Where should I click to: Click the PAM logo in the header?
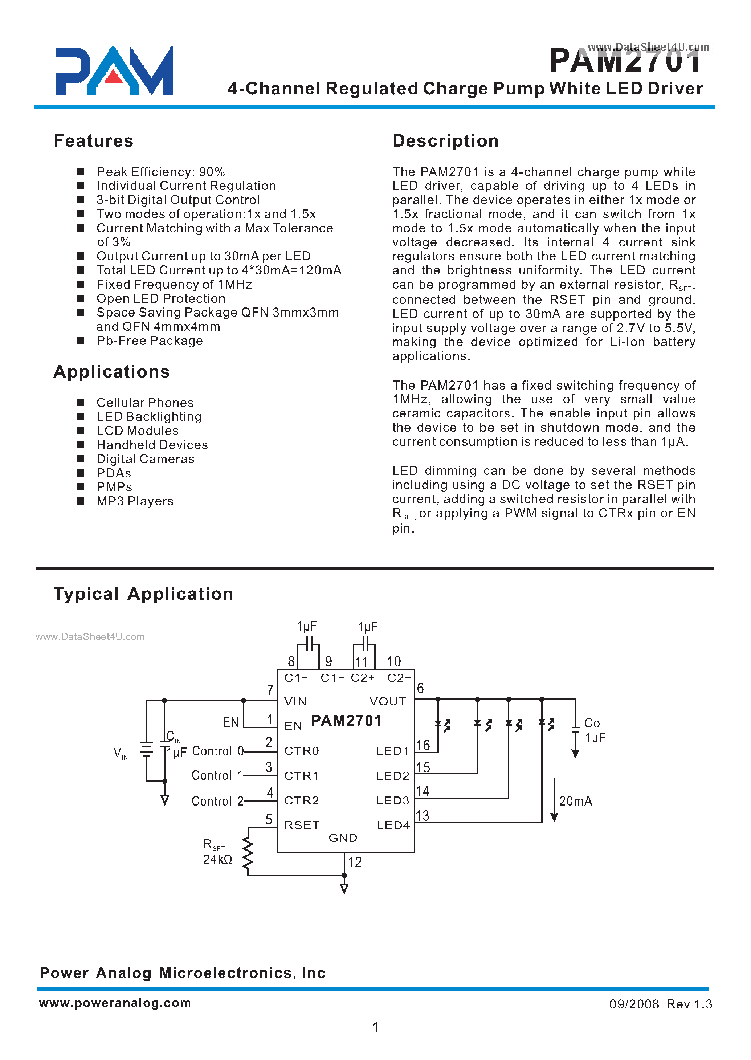(114, 71)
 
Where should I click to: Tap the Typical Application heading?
(143, 594)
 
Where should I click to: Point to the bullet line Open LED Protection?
(160, 298)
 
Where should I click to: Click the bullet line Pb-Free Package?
(150, 341)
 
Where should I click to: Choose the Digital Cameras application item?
(145, 459)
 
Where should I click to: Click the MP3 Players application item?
(135, 501)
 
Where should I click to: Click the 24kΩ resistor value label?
(217, 859)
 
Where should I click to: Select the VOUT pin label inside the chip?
(388, 702)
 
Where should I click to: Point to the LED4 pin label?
(393, 825)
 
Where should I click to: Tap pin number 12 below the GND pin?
(355, 862)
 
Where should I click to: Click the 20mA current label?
(575, 801)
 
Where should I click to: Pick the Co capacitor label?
(592, 723)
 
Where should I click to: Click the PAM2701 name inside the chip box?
(346, 721)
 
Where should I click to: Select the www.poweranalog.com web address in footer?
(115, 1003)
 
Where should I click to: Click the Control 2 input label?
(217, 801)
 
